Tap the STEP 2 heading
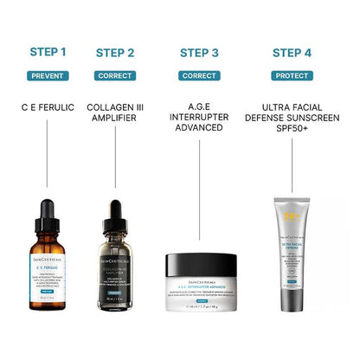(x=117, y=53)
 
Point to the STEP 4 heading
(x=292, y=53)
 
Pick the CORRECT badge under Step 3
(x=199, y=76)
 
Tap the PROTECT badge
(x=292, y=76)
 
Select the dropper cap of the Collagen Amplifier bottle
(x=117, y=213)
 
